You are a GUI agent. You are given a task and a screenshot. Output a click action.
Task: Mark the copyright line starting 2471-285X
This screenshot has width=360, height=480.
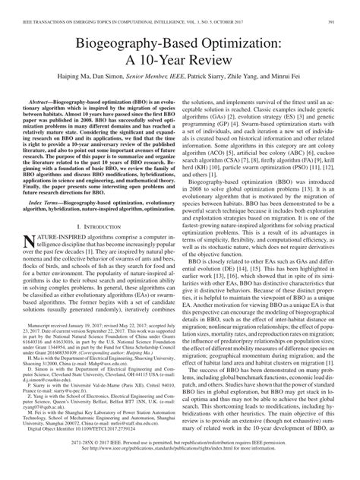click(x=179, y=463)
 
